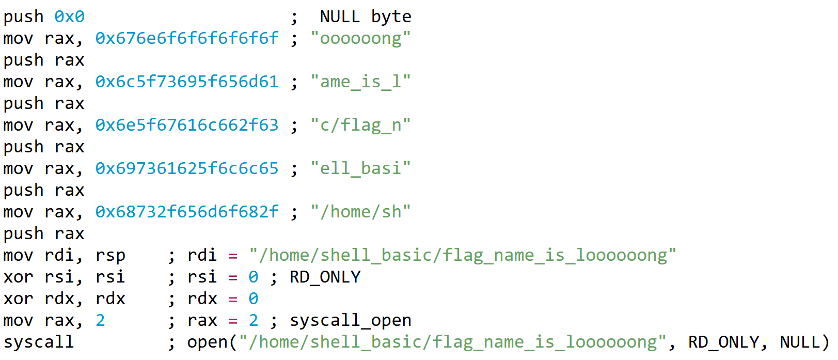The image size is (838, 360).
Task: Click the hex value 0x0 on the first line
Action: coord(69,17)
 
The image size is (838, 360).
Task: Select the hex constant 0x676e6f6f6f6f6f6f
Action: coord(186,38)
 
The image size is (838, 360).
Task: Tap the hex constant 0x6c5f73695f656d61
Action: coord(186,82)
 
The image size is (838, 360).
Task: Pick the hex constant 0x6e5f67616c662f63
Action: coord(186,125)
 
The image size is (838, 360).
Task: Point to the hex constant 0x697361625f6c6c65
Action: coord(186,168)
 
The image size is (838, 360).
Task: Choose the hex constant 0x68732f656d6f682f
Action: coord(186,212)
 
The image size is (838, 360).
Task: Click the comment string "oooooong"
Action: coord(360,38)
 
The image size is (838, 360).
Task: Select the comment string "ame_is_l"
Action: coord(360,82)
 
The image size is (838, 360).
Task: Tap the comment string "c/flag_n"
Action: coord(360,125)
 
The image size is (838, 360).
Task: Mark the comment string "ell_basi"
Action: coord(360,168)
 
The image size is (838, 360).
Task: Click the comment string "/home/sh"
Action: coord(360,212)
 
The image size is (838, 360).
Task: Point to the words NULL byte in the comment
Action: coord(366,17)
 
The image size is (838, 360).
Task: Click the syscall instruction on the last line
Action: coord(39,342)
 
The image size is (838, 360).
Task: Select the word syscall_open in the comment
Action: coord(350,320)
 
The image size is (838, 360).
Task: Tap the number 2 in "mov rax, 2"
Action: coord(100,320)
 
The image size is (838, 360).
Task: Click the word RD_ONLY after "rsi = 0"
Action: coord(325,277)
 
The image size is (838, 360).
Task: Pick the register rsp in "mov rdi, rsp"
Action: coord(110,255)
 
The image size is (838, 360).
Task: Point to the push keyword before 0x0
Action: coord(23,17)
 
